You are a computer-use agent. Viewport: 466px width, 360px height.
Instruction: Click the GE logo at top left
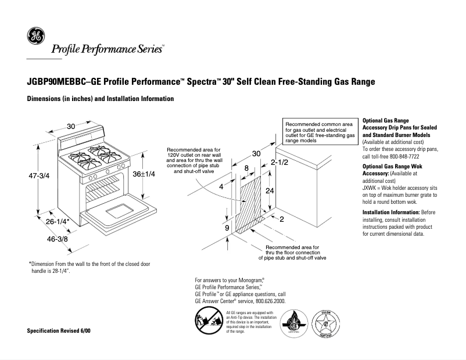click(35, 37)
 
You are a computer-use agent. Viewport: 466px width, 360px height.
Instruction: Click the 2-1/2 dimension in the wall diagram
click(280, 164)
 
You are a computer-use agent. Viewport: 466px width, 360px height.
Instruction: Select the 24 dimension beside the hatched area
click(270, 190)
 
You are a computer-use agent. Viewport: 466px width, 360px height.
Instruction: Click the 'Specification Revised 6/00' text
click(59, 330)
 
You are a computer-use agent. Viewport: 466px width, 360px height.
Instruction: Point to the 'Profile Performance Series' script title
click(107, 49)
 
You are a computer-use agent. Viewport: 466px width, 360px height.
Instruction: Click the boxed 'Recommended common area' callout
click(319, 132)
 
